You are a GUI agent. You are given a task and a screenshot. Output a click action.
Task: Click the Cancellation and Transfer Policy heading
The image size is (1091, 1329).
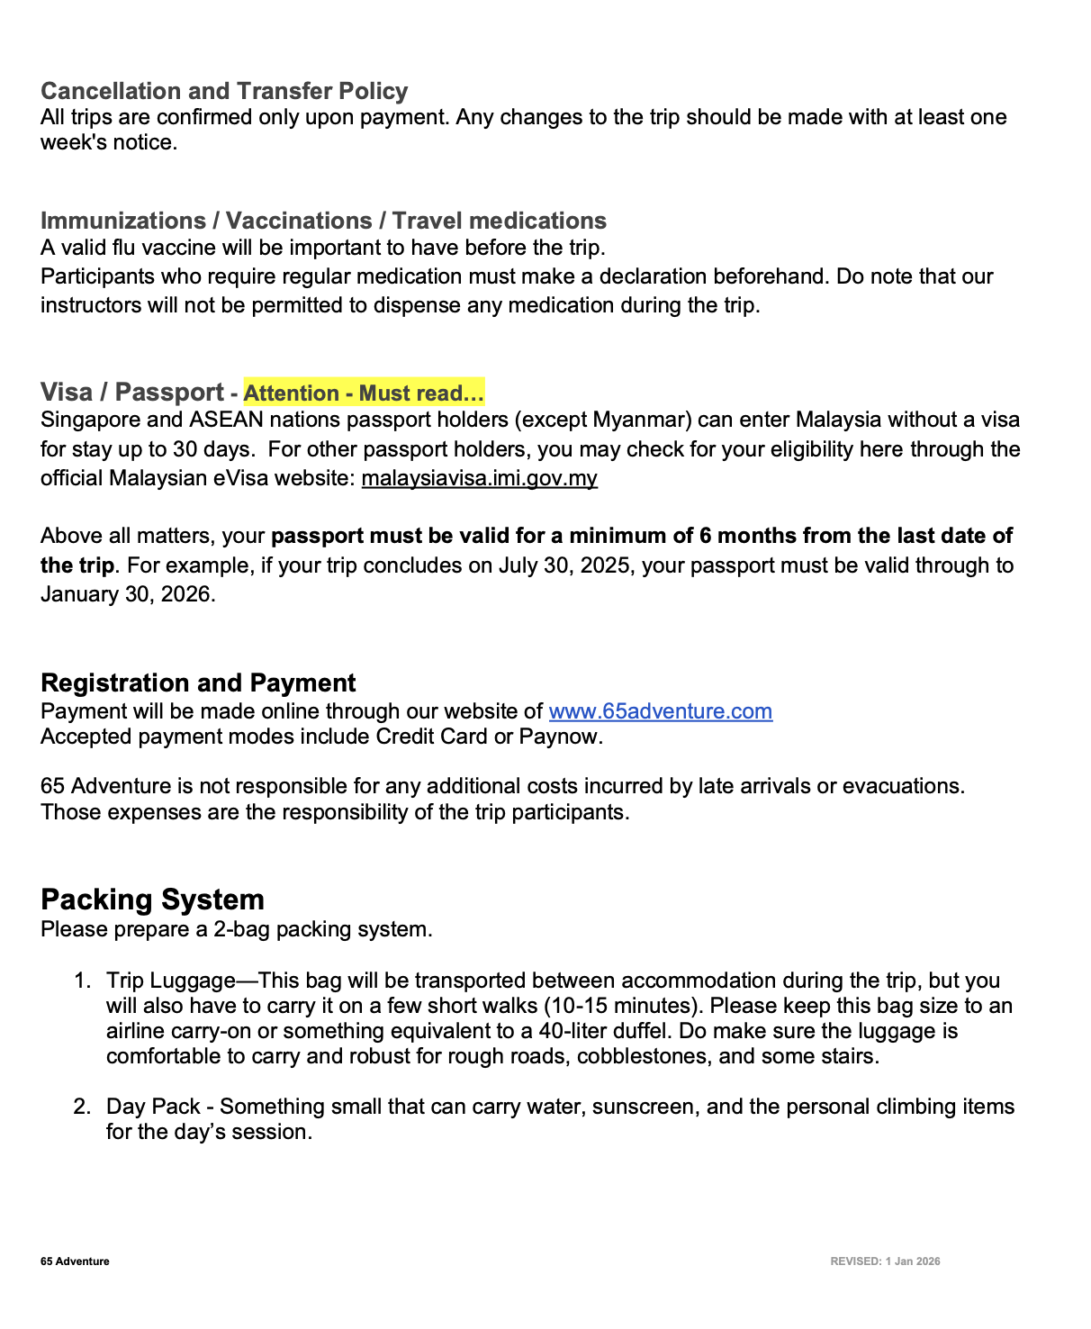(x=224, y=91)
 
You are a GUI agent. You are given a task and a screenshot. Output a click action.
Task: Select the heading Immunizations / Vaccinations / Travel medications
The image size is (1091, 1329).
(x=323, y=221)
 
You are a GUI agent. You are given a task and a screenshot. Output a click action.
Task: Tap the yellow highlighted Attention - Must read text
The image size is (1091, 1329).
(x=364, y=393)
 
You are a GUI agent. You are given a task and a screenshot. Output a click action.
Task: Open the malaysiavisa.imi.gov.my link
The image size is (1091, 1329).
(x=479, y=478)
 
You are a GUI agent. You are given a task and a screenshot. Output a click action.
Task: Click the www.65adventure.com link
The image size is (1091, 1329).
(x=660, y=711)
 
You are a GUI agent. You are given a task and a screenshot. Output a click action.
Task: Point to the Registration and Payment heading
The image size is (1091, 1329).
(x=198, y=683)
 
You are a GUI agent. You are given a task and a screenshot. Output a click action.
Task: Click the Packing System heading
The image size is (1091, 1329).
(x=152, y=899)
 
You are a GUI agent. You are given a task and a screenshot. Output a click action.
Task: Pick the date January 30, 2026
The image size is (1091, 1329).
(x=126, y=594)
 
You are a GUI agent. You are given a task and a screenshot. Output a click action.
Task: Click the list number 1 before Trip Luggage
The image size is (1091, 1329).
(x=81, y=981)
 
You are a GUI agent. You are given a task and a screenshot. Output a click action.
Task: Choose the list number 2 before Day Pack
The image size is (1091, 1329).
(x=81, y=1107)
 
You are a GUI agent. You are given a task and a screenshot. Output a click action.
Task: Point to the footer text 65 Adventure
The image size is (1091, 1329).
(x=75, y=1261)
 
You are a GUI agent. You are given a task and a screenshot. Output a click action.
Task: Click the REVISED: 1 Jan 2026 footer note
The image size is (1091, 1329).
(x=885, y=1261)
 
